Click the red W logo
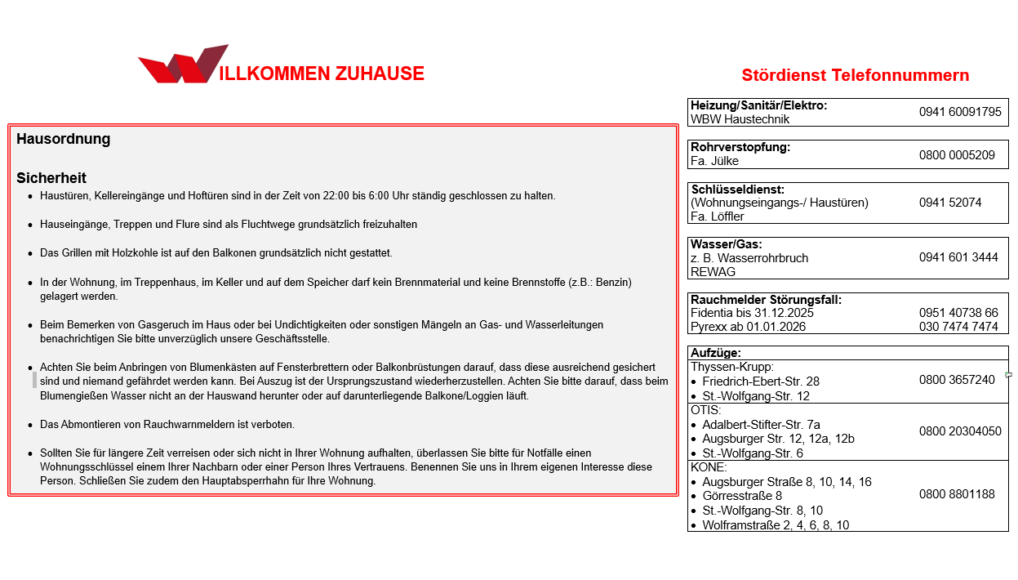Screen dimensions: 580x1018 click(x=184, y=65)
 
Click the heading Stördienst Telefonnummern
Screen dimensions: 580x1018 click(x=855, y=75)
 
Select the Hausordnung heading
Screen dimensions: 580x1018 click(x=63, y=139)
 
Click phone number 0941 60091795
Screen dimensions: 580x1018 click(x=959, y=112)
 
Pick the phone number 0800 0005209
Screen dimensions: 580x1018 click(x=956, y=154)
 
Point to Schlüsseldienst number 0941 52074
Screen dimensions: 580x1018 click(x=949, y=202)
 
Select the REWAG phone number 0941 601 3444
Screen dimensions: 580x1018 click(x=958, y=257)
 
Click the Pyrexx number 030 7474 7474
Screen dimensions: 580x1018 click(x=958, y=327)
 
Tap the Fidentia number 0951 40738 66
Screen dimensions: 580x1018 click(x=958, y=313)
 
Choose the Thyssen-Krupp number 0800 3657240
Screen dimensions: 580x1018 click(x=956, y=380)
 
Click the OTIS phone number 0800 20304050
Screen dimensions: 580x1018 click(x=959, y=431)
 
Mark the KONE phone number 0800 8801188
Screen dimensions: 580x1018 click(x=956, y=494)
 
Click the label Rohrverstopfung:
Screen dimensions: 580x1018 click(x=740, y=147)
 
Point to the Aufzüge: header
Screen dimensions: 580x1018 click(x=716, y=353)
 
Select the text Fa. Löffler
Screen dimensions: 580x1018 click(x=718, y=216)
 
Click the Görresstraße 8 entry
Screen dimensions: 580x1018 click(x=742, y=496)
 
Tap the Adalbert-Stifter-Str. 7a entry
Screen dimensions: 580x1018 click(x=761, y=425)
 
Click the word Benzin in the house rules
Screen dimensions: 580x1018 click(x=611, y=283)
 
